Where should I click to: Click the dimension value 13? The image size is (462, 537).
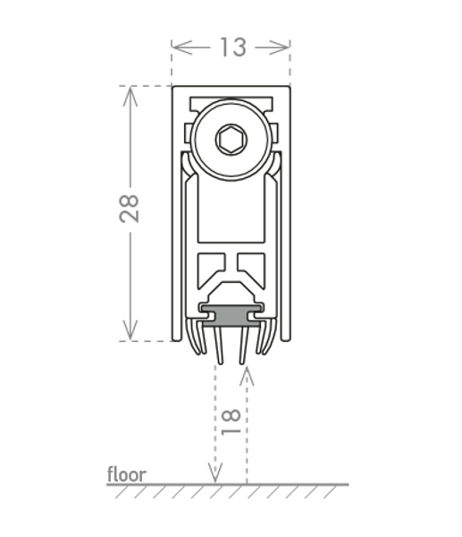tap(232, 47)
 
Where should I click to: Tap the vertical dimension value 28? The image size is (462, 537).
tap(130, 209)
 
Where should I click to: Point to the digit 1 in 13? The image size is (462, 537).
tap(224, 47)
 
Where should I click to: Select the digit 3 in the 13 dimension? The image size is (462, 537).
tap(239, 47)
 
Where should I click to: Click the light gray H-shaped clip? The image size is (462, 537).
tap(231, 316)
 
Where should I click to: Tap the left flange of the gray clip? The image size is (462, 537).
tap(208, 316)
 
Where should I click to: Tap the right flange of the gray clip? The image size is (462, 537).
tap(254, 316)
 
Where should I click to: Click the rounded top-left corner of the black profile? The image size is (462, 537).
tap(175, 89)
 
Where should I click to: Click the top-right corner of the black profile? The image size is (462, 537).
tap(286, 89)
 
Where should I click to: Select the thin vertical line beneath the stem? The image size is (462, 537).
tap(217, 439)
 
